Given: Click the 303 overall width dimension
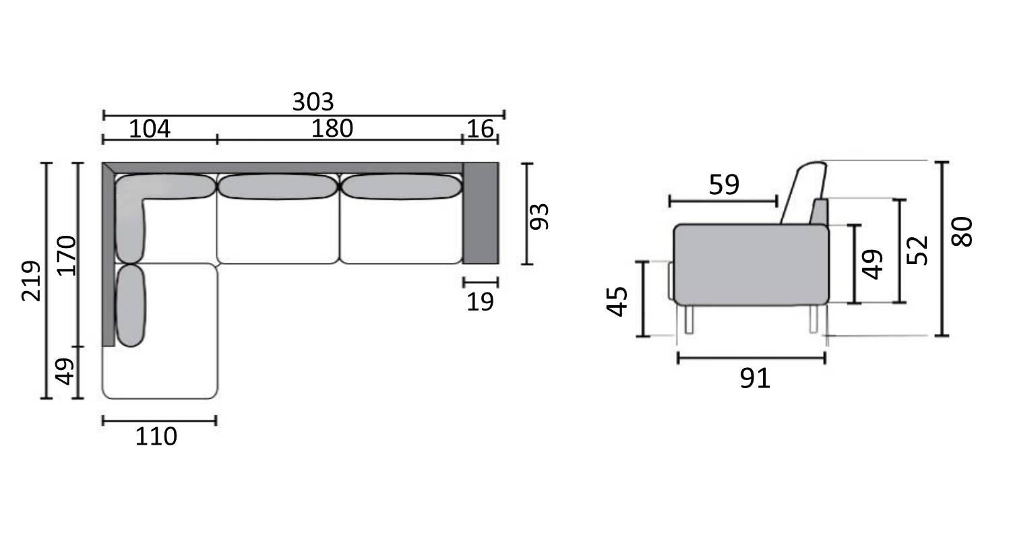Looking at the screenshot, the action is pos(313,102).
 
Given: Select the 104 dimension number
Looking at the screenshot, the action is pos(150,129).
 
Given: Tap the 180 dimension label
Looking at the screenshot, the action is pos(332,129).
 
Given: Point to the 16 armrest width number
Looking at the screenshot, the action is pos(480,129).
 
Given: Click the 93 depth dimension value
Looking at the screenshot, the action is pos(539,216).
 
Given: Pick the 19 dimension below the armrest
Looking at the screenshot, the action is pos(480,303).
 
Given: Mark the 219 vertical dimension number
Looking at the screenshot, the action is pos(31,280).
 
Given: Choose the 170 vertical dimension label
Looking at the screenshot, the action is pos(66,256).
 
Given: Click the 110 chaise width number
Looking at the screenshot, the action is pos(156,437).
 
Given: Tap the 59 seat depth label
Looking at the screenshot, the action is pos(724,185).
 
